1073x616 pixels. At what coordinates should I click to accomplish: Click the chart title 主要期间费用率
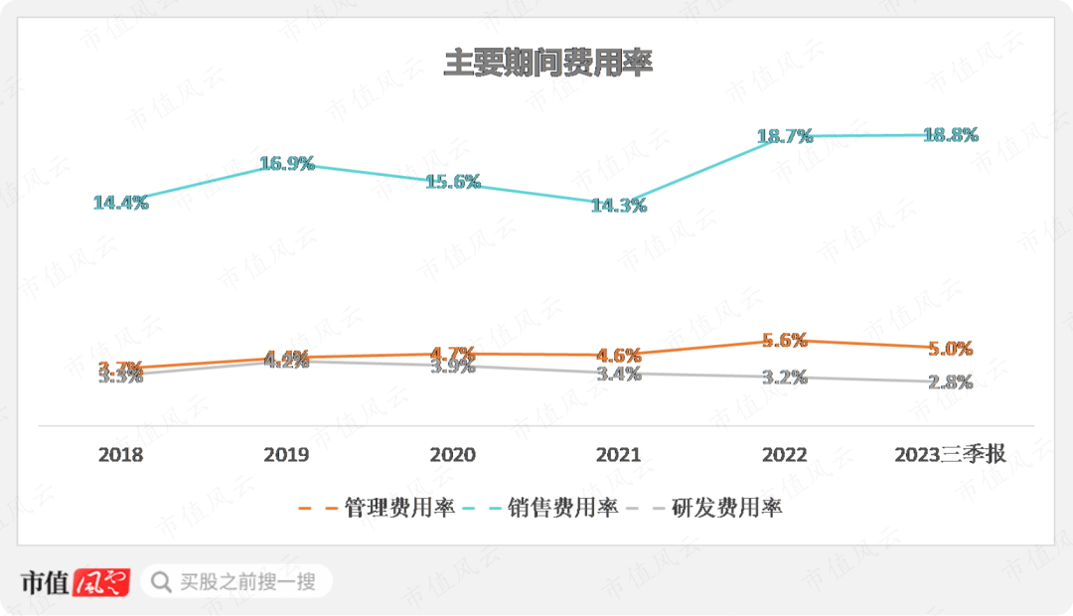click(x=546, y=63)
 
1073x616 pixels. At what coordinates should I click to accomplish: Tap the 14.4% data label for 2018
click(x=120, y=203)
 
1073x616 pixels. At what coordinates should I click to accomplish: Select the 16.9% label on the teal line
click(x=287, y=164)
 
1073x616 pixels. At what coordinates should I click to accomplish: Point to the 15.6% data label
click(x=453, y=182)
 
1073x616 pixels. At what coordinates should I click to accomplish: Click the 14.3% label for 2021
click(x=619, y=206)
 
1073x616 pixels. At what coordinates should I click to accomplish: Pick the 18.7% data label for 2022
click(x=785, y=137)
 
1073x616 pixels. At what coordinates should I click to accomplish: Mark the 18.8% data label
click(x=951, y=135)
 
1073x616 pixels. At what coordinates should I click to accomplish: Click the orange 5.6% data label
click(x=784, y=340)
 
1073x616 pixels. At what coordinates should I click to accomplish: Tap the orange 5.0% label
click(x=950, y=349)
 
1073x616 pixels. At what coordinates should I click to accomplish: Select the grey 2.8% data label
click(x=950, y=382)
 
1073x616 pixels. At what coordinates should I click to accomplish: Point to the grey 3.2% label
click(x=784, y=378)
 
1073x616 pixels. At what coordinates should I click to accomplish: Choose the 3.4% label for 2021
click(x=619, y=374)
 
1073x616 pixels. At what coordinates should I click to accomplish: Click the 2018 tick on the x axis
click(x=120, y=455)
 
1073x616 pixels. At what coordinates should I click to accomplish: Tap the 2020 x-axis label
click(x=452, y=455)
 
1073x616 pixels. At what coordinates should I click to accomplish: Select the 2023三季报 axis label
click(x=950, y=455)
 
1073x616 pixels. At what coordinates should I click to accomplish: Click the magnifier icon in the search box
click(x=160, y=581)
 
